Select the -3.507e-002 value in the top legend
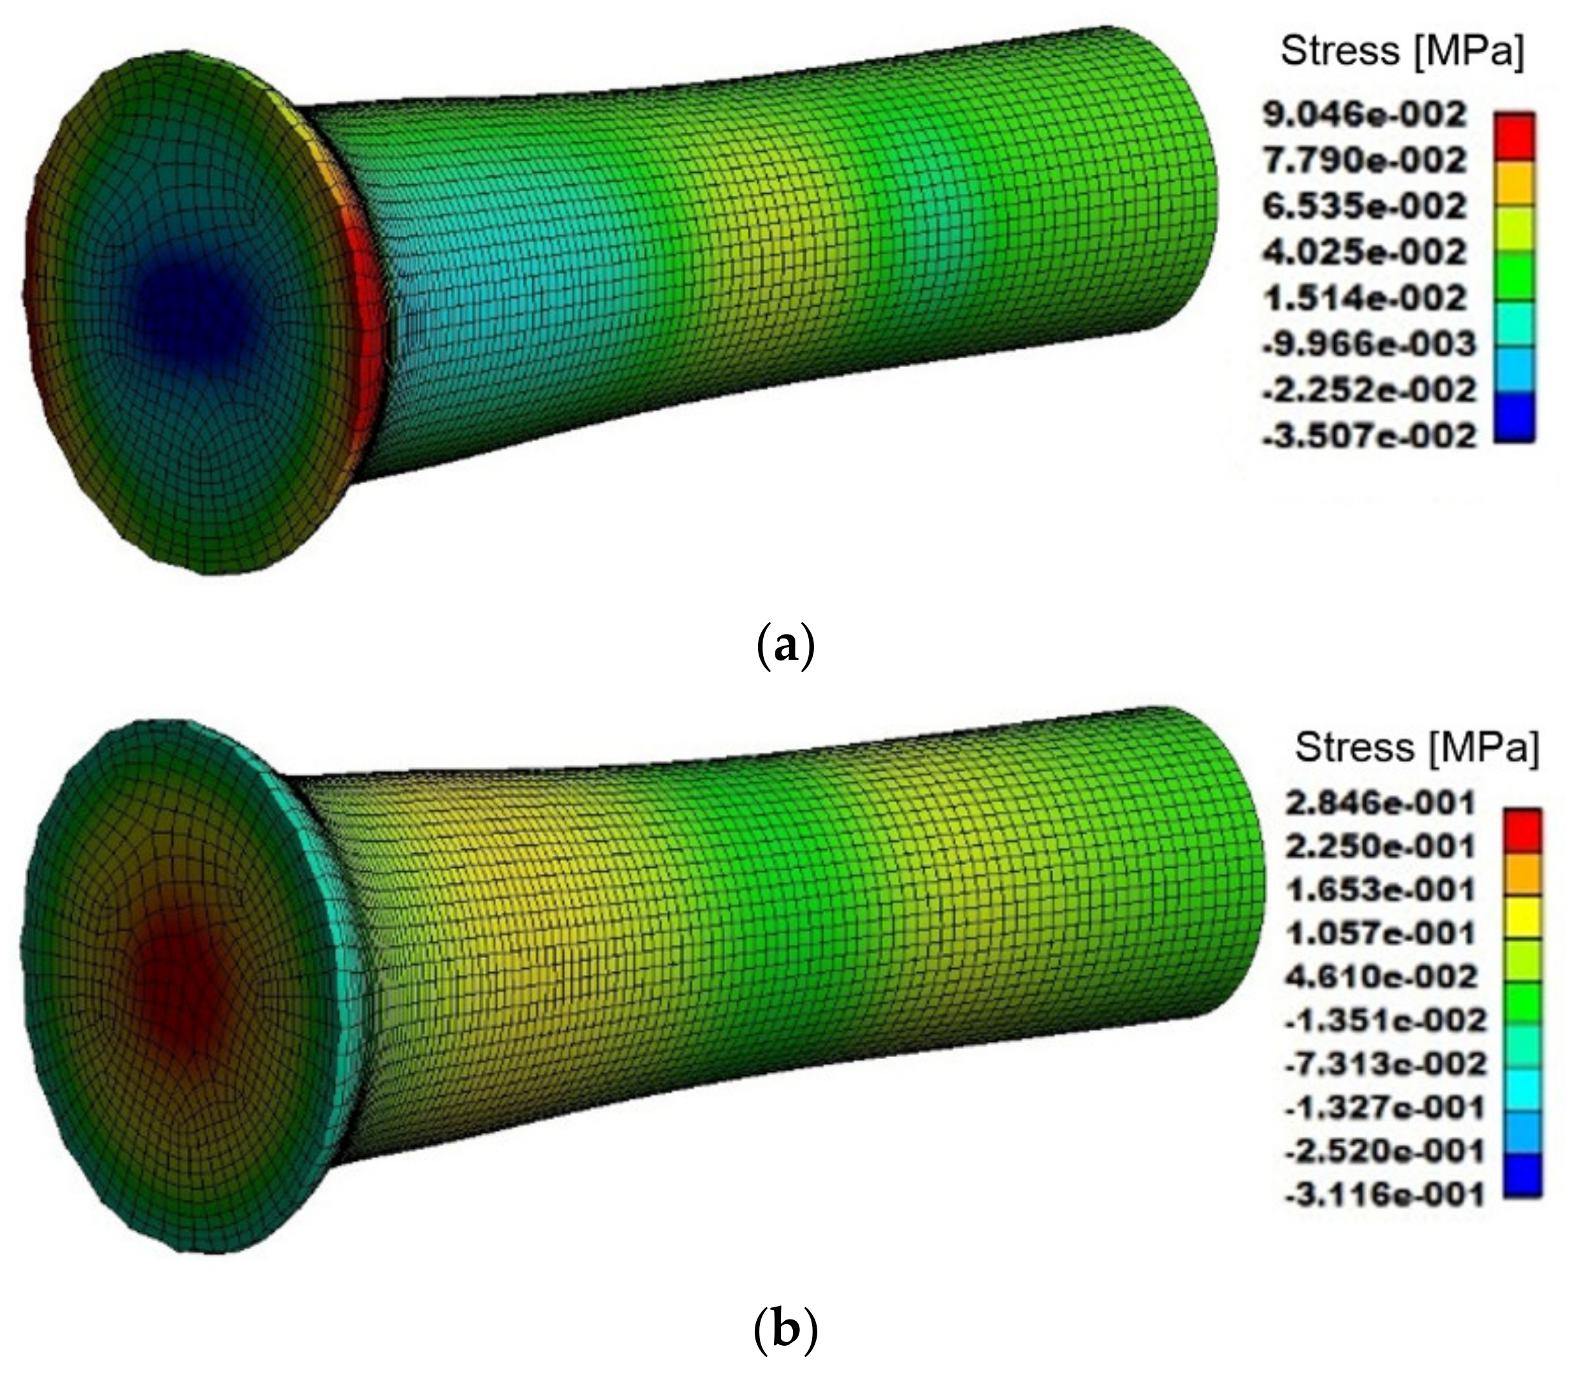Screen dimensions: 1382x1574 [x=1368, y=437]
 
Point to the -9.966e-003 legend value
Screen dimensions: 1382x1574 [x=1368, y=345]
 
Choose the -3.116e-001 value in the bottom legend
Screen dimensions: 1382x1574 [x=1384, y=1196]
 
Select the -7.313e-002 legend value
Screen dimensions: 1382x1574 [x=1384, y=1065]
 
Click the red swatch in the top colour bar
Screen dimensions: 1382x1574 [x=1514, y=137]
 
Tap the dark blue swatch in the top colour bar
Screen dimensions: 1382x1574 [x=1514, y=418]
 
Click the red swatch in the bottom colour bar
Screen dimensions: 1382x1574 [x=1522, y=830]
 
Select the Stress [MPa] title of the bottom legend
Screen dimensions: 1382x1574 [x=1416, y=747]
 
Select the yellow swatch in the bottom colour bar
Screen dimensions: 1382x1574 [x=1522, y=917]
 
